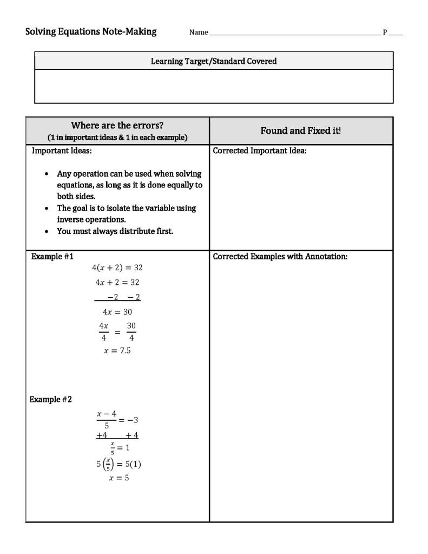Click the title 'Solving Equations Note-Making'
[x=91, y=31]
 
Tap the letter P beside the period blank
[x=385, y=32]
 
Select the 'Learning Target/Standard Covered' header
[x=214, y=61]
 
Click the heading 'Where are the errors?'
[x=117, y=126]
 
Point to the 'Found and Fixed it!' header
[x=301, y=131]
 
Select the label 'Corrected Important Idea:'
[x=260, y=151]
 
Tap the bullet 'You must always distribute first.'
[x=115, y=231]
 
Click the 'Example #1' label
[x=52, y=256]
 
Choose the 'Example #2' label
[x=51, y=399]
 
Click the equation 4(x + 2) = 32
[x=117, y=268]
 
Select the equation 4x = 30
[x=117, y=311]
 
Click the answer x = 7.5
[x=117, y=350]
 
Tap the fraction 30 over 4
[x=131, y=331]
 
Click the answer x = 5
[x=118, y=478]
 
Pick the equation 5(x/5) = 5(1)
[x=118, y=464]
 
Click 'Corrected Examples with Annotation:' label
[x=280, y=256]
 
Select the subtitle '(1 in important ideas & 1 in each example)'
[x=117, y=138]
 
